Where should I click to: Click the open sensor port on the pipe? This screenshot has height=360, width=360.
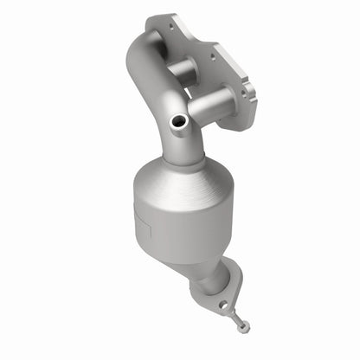click(x=178, y=125)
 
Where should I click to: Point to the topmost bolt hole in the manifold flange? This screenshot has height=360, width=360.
click(x=171, y=27)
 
